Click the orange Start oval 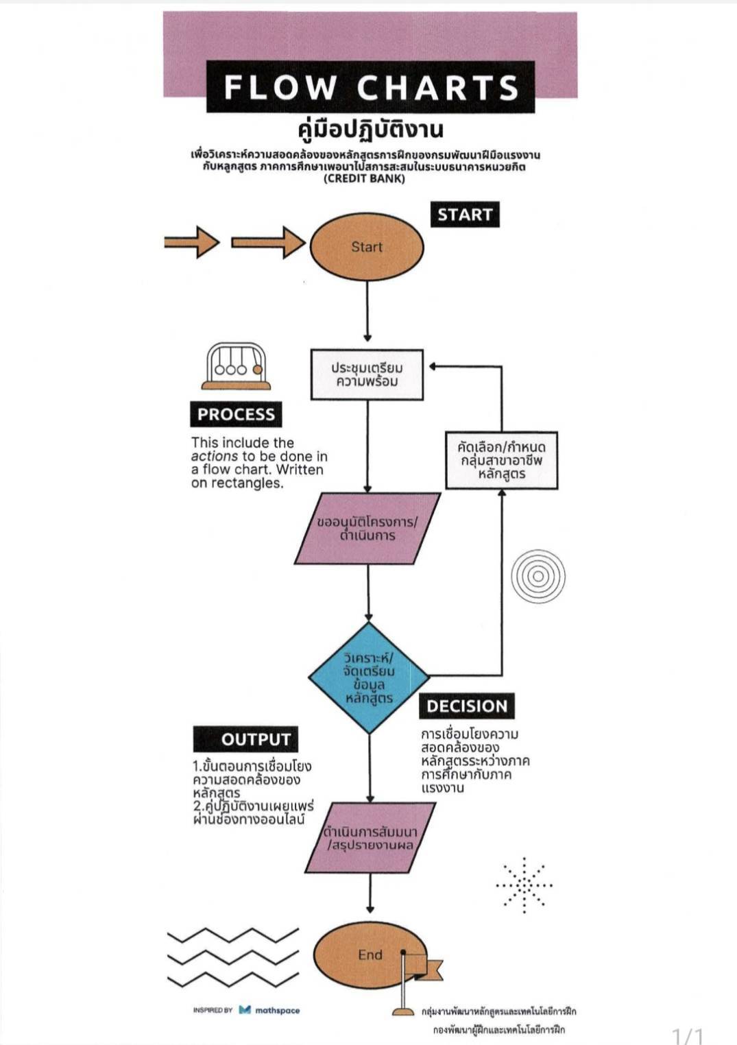pos(367,247)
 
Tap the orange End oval pos(363,954)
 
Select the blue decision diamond pos(369,677)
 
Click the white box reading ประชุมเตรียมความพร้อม pos(367,374)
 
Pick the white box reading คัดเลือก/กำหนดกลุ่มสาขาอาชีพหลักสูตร pos(501,460)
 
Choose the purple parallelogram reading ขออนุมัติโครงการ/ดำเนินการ pos(367,529)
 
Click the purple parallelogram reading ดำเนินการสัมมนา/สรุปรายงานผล pos(370,838)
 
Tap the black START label pos(465,215)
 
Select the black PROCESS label pos(236,414)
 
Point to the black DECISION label pos(467,706)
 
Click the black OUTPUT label pos(246,739)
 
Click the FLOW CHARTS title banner pos(370,87)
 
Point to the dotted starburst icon pos(524,885)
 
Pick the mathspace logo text pos(277,1010)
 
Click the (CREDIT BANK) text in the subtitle pos(364,179)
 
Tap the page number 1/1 pos(688,1035)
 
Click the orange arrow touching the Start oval pos(268,242)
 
